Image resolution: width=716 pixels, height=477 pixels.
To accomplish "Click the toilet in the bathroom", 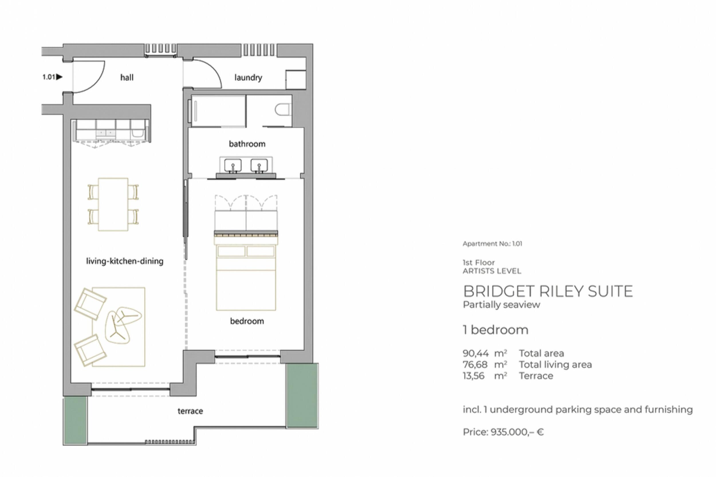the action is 283,110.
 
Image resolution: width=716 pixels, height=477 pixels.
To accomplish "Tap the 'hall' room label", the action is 127,78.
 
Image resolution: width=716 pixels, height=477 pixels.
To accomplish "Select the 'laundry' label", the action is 248,78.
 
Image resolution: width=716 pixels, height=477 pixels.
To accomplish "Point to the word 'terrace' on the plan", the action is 190,411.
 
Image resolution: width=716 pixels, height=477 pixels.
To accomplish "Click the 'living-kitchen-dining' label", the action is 125,261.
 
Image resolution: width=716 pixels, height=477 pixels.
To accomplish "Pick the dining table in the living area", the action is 113,204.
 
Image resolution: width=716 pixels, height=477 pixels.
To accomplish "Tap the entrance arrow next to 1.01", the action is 59,77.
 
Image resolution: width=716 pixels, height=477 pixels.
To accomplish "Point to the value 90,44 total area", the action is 476,353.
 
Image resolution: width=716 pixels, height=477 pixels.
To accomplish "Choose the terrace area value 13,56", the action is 473,376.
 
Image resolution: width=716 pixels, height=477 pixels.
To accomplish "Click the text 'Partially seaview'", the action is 501,305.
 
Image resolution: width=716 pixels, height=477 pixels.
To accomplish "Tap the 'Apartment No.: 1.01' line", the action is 492,244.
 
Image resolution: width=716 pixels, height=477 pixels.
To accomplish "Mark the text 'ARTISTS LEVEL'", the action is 492,271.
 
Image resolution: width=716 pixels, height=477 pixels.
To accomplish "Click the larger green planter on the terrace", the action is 302,395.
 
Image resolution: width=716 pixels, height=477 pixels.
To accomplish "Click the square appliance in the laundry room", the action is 296,80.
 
